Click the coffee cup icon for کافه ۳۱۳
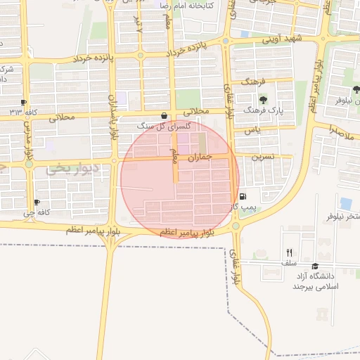(x=25, y=102)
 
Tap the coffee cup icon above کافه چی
(x=37, y=202)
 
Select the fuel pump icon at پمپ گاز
(x=243, y=197)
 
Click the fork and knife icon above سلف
(x=289, y=252)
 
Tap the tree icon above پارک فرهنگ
(x=263, y=100)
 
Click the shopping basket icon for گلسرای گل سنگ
(x=165, y=116)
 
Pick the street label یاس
(x=252, y=131)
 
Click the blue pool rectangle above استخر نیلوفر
(x=345, y=203)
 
